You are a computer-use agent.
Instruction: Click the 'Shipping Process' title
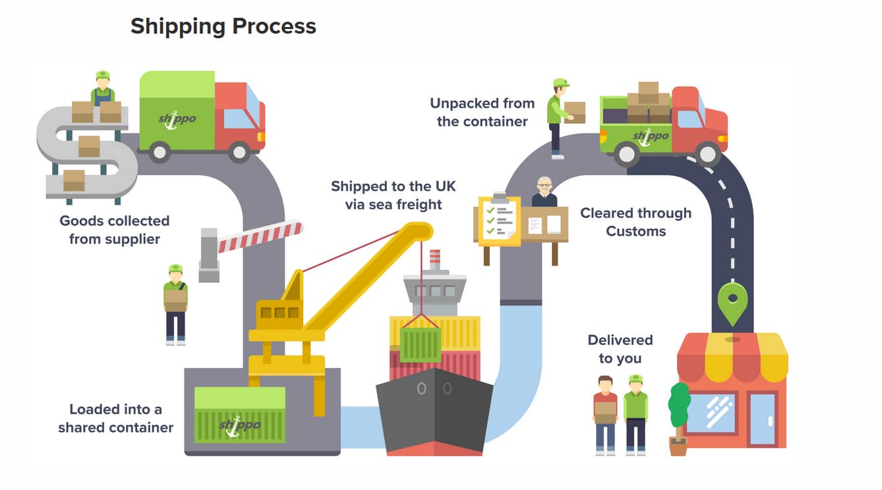pyautogui.click(x=223, y=26)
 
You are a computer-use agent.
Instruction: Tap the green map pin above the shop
pyautogui.click(x=732, y=303)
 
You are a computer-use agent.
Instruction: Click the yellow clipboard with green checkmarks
pyautogui.click(x=498, y=220)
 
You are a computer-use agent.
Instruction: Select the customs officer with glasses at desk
pyautogui.click(x=544, y=192)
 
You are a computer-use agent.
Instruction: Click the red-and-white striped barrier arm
pyautogui.click(x=260, y=237)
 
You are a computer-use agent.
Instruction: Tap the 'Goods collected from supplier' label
pyautogui.click(x=115, y=230)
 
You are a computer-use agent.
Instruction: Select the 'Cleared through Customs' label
pyautogui.click(x=635, y=222)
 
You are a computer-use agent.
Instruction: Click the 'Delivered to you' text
pyautogui.click(x=620, y=349)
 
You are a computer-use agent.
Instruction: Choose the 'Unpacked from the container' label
pyautogui.click(x=482, y=112)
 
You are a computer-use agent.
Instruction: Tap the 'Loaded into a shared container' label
pyautogui.click(x=115, y=419)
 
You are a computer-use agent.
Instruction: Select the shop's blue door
pyautogui.click(x=763, y=418)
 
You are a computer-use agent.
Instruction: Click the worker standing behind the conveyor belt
pyautogui.click(x=102, y=88)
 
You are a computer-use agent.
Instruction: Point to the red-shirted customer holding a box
pyautogui.click(x=605, y=413)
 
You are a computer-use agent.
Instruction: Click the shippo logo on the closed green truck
pyautogui.click(x=177, y=120)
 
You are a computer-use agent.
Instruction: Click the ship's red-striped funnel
pyautogui.click(x=434, y=260)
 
